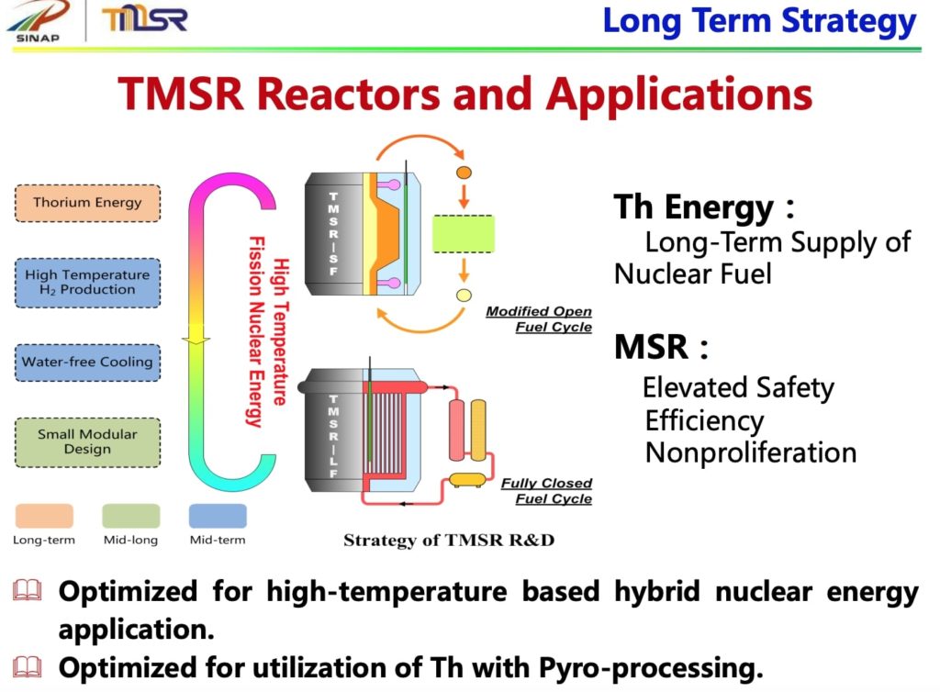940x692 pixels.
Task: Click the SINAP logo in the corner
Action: coord(38,21)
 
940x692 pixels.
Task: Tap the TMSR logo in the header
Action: coord(144,19)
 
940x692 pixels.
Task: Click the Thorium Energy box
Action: coord(87,203)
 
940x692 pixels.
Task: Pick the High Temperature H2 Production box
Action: coord(87,282)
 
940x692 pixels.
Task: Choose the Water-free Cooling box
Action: coord(87,362)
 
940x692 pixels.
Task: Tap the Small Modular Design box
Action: coord(87,441)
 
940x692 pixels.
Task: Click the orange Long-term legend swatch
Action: coord(44,516)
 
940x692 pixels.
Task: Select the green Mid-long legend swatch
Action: coord(130,516)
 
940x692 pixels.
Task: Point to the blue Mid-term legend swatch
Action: coord(218,516)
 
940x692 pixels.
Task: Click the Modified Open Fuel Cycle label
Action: coord(539,319)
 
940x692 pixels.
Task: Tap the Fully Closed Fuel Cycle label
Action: coord(546,491)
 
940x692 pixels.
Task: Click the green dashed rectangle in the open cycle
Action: coord(463,234)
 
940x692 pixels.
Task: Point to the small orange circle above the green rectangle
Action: coord(464,172)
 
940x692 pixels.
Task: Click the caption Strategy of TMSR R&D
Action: coord(449,540)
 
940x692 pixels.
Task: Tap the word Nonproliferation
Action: coord(750,453)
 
